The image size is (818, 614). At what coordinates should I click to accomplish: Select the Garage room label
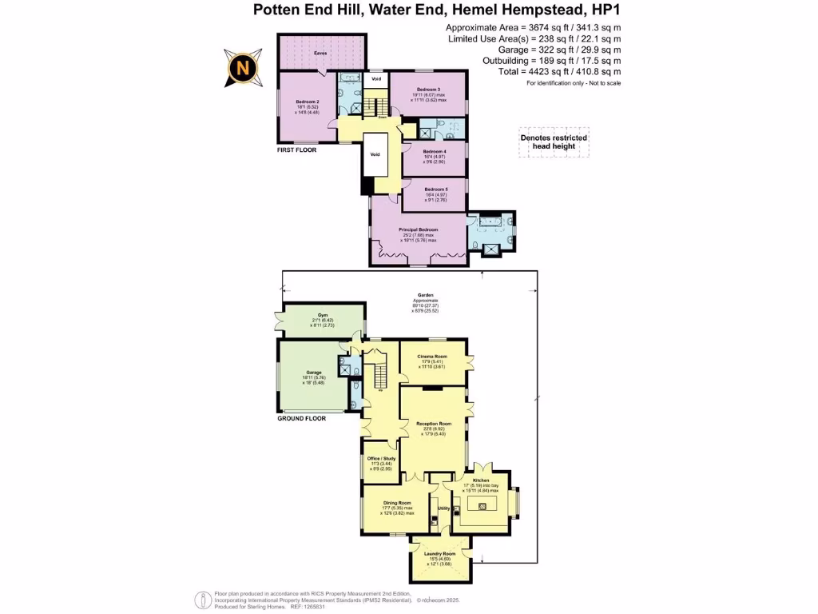coord(313,373)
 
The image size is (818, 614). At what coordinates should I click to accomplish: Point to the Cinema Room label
coord(431,356)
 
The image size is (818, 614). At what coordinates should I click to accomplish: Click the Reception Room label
coord(434,424)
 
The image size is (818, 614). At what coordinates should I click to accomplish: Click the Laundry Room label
coord(439,554)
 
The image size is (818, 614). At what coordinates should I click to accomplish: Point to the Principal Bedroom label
coord(419,229)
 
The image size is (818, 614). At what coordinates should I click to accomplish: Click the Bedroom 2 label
coord(307,102)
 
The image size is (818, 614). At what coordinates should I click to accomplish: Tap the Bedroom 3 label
coord(428,89)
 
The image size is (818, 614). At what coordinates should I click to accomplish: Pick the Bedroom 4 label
coord(434,151)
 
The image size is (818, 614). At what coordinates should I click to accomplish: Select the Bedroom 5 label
coord(435,189)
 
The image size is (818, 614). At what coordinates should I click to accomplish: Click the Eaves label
coord(320,53)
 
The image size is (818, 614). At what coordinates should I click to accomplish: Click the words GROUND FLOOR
coord(301,418)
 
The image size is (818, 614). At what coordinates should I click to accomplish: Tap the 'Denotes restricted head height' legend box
coord(554,142)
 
